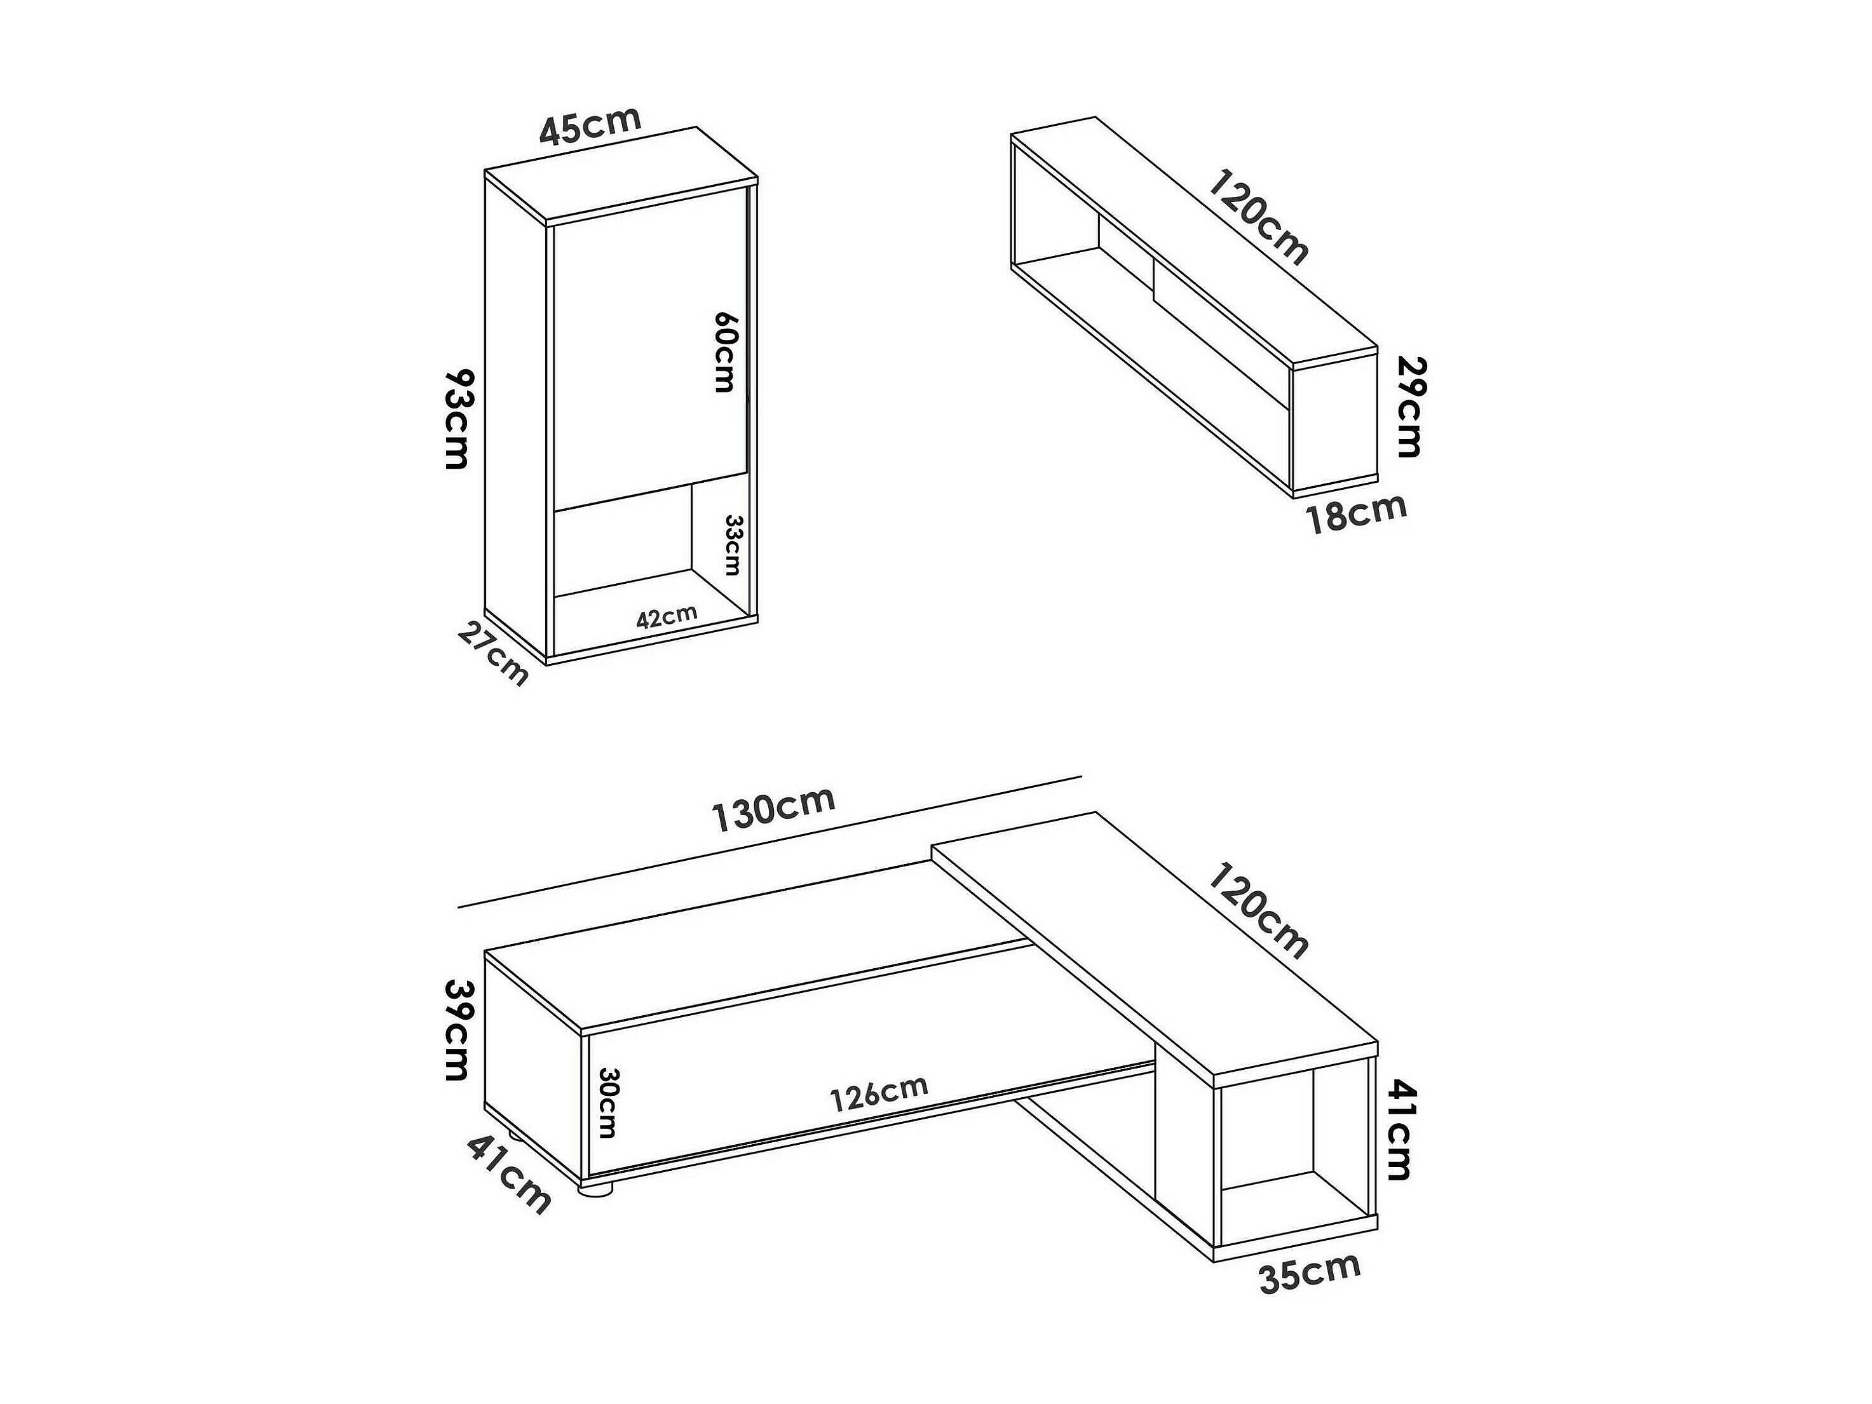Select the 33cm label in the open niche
(x=733, y=545)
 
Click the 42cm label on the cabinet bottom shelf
(x=667, y=616)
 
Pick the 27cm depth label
(x=493, y=652)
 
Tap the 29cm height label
(x=1409, y=407)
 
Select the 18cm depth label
(x=1356, y=512)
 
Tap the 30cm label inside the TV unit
(x=607, y=1102)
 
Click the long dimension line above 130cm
(x=770, y=841)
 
